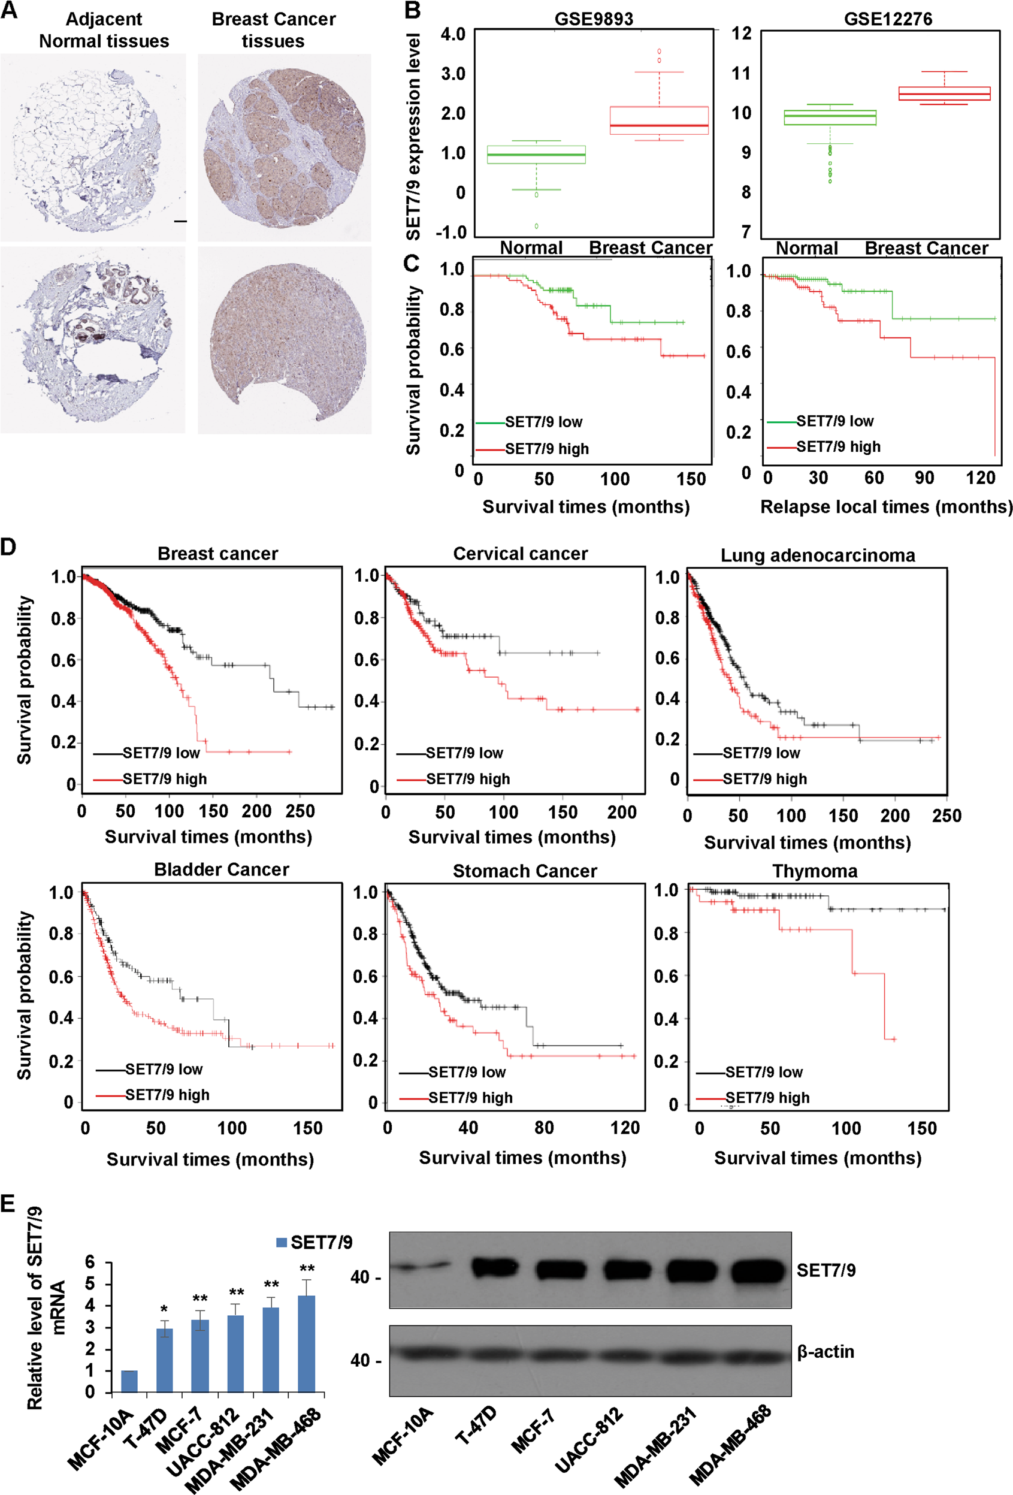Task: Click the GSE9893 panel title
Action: click(x=594, y=19)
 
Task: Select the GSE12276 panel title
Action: click(x=888, y=19)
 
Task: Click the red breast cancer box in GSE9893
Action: click(x=658, y=120)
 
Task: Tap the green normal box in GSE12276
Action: click(x=830, y=117)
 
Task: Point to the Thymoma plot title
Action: click(x=815, y=871)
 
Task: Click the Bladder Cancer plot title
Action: click(x=221, y=869)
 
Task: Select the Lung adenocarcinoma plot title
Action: click(x=818, y=555)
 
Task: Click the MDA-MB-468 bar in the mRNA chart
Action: click(x=306, y=1345)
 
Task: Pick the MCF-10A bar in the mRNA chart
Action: click(x=129, y=1381)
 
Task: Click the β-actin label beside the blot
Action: click(x=825, y=1352)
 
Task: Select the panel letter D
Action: click(x=8, y=548)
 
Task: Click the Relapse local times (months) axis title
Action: click(x=886, y=507)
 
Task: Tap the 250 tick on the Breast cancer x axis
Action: click(x=300, y=811)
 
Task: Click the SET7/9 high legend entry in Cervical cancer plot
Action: click(x=468, y=779)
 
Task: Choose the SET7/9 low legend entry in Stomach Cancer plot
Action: click(x=467, y=1073)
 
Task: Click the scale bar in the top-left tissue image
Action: click(x=180, y=221)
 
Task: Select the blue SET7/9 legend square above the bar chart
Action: click(x=281, y=1242)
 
